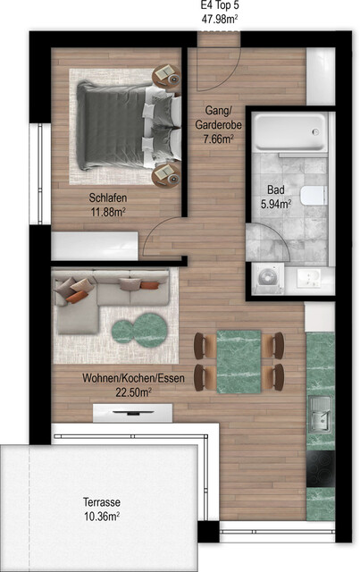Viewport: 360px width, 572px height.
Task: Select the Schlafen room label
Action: pos(106,198)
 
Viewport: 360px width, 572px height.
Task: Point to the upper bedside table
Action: pos(165,75)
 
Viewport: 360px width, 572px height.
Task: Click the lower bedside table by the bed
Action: pos(165,174)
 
